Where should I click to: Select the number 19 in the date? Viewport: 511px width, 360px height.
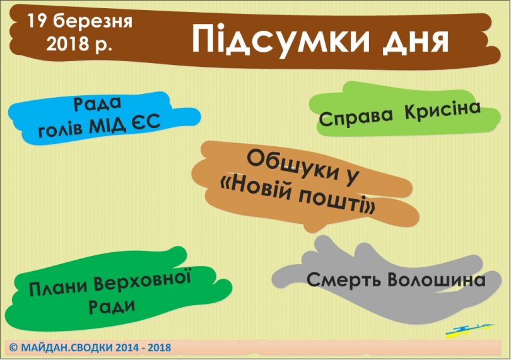coord(37,21)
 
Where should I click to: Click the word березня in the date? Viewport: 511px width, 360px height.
coord(93,21)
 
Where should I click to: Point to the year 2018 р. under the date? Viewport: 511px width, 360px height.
coord(79,44)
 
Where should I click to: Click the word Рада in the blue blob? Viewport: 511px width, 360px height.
coord(97,104)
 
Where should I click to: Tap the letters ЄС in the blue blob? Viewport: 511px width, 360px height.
coord(146,122)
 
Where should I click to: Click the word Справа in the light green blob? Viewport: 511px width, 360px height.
coord(356,118)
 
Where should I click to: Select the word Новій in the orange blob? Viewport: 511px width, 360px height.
coord(260,190)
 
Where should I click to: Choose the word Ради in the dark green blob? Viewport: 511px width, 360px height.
coord(112,306)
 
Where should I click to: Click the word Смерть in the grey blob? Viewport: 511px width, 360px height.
coord(344,279)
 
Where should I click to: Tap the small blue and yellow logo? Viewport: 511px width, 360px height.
coord(469,330)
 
